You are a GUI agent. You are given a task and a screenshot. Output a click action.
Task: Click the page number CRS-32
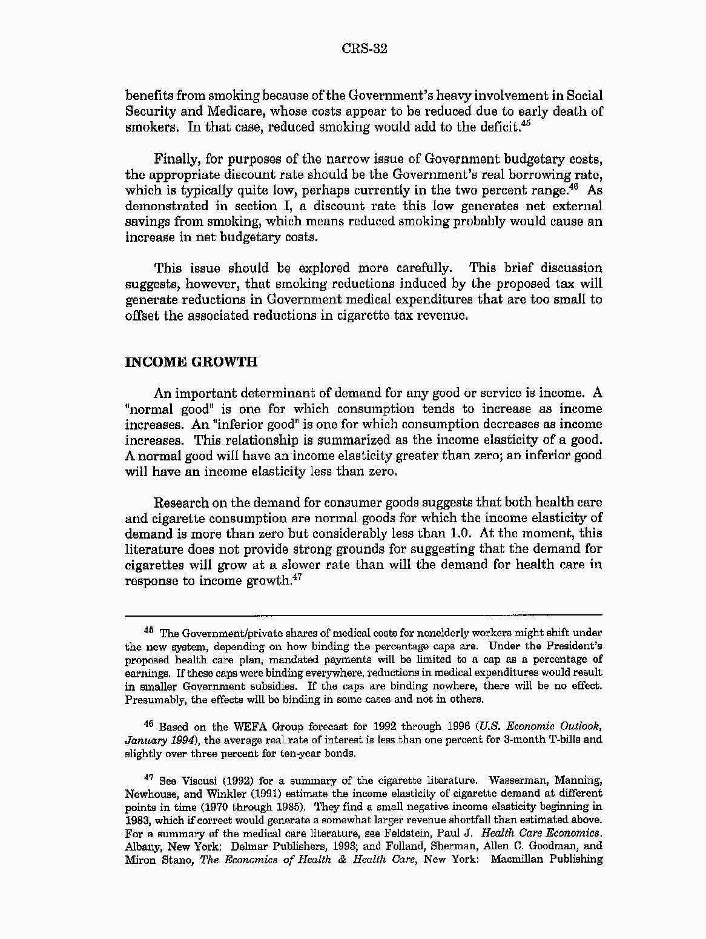pos(364,49)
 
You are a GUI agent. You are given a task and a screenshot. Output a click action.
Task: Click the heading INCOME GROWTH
pos(191,362)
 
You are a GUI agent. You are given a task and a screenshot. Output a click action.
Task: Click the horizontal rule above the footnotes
pos(363,615)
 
